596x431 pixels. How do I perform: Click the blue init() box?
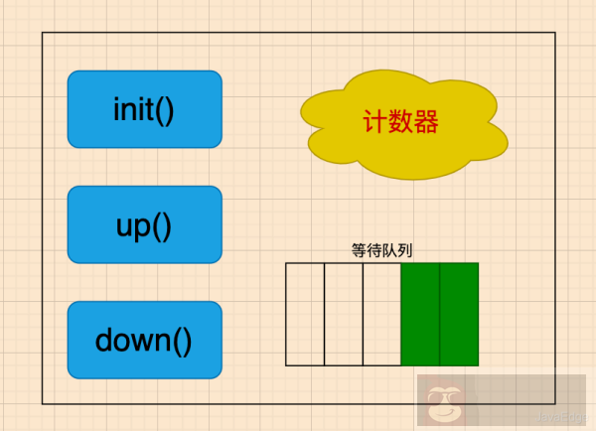(144, 109)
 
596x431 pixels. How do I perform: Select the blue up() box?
(144, 224)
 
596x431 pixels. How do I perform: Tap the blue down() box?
(144, 340)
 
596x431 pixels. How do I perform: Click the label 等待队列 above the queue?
(382, 250)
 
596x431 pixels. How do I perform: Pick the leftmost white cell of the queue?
(305, 314)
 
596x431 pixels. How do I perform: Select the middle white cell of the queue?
(344, 314)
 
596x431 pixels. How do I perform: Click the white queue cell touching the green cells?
(382, 314)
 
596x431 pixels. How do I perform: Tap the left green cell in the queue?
(420, 314)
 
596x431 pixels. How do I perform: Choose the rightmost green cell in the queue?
(459, 314)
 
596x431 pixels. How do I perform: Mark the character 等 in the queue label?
(360, 250)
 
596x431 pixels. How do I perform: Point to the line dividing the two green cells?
(440, 314)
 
